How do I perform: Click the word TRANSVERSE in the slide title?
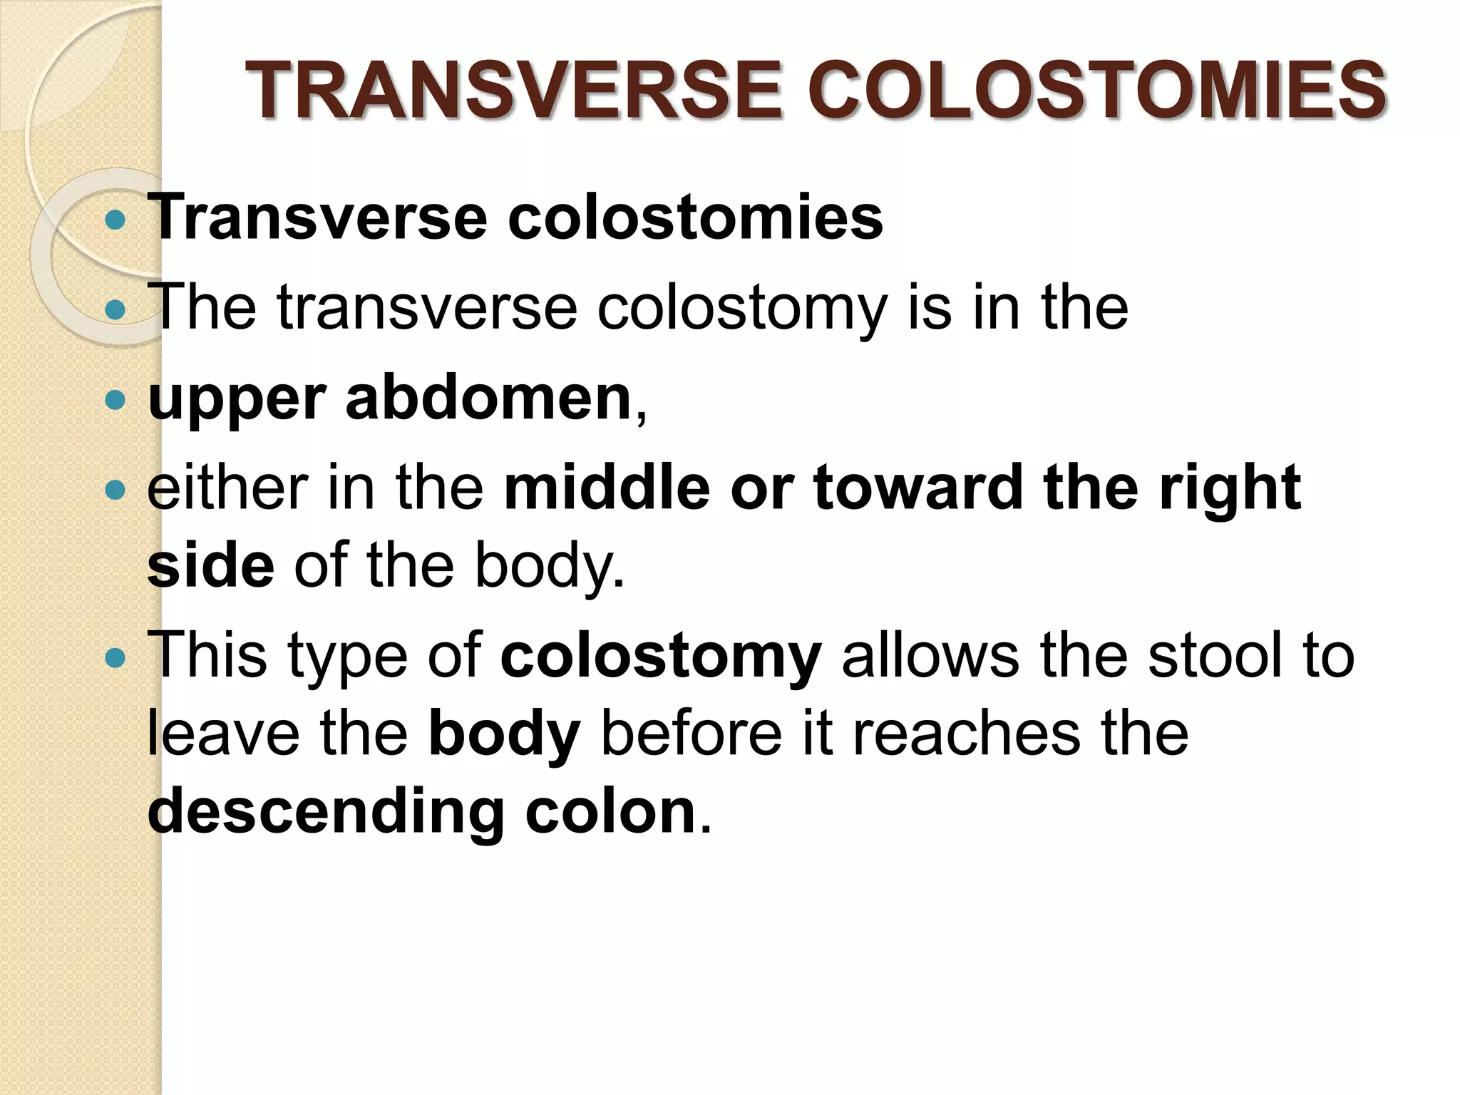[514, 91]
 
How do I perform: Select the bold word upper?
[237, 400]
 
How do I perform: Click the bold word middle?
[607, 488]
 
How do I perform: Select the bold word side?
[210, 565]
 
